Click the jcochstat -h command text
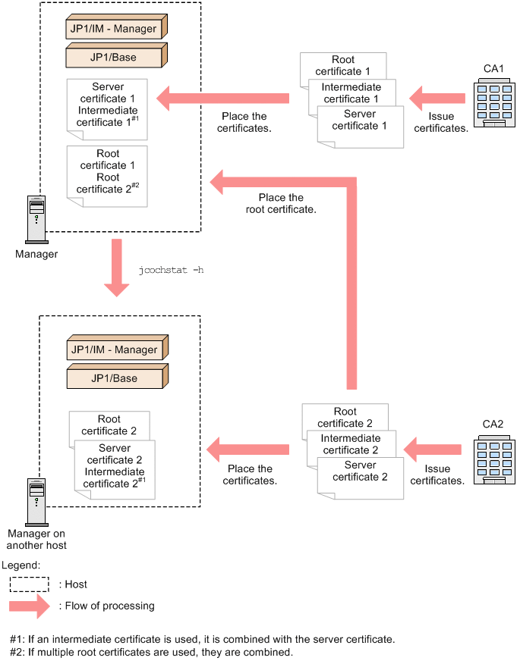[172, 270]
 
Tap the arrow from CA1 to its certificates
[436, 99]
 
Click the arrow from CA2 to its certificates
[433, 450]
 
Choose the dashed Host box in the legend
[30, 584]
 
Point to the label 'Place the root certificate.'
[280, 203]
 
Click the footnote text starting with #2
[151, 652]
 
